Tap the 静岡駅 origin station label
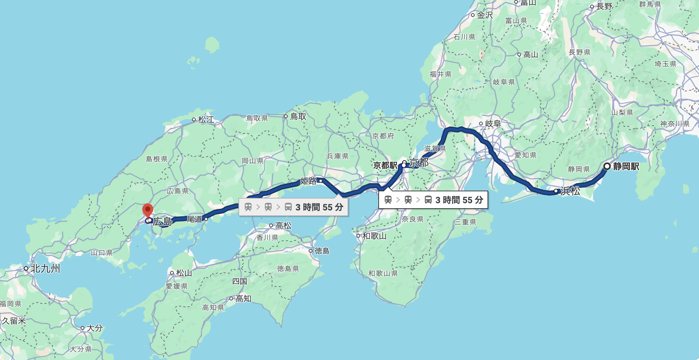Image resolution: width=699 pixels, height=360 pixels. pos(626,167)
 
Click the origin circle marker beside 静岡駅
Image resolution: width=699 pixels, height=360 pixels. pos(607,166)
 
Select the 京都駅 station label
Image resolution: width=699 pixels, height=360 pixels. pos(385,165)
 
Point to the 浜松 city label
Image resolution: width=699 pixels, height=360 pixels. pos(570,191)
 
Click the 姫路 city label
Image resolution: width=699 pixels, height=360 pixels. pos(309,181)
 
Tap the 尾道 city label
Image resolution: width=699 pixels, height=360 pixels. pos(195,219)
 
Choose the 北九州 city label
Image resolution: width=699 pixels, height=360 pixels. pos(45,268)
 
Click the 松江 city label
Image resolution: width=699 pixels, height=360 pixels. pos(206,119)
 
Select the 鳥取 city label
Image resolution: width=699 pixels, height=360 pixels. pos(298,116)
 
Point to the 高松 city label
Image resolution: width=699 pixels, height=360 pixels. pos(283,225)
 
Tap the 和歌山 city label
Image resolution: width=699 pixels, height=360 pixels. pos(374,236)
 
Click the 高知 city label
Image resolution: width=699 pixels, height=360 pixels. pos(243,299)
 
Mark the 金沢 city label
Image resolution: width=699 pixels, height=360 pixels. pos(485,15)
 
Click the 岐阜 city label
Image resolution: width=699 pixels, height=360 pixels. pos(493,124)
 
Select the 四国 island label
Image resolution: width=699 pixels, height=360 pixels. pos(239,281)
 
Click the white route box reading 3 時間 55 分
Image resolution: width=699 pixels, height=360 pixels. pos(433,200)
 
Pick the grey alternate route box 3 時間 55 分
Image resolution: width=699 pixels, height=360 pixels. pos(293,207)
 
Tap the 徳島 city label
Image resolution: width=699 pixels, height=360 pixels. pos(322,251)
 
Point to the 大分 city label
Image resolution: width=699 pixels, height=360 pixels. pos(94,328)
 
